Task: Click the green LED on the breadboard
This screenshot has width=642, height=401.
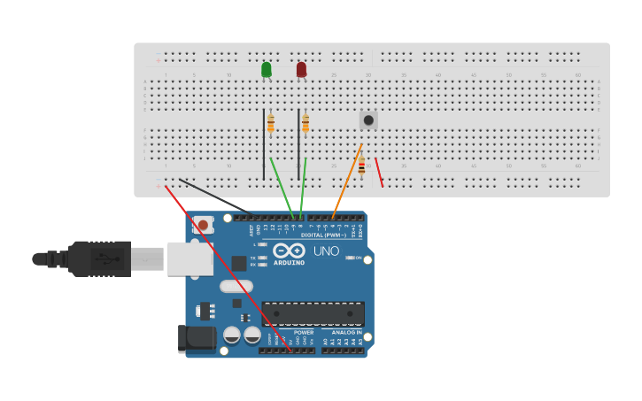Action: tap(266, 69)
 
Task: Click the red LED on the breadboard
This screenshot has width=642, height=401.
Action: tap(301, 69)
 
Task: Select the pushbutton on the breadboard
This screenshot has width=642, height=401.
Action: tap(368, 120)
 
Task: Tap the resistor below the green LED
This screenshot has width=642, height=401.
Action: tap(270, 123)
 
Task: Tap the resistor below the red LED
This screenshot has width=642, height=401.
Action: tap(306, 123)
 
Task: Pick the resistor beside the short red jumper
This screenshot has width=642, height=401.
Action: tap(361, 166)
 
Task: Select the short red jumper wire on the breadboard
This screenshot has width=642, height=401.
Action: tap(379, 172)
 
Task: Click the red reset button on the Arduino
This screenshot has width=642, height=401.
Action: tap(203, 225)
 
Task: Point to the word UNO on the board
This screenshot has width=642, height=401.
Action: tap(326, 251)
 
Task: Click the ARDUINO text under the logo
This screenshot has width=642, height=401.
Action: tap(289, 263)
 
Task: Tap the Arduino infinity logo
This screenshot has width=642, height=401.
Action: tap(289, 251)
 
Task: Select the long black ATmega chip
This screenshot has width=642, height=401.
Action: tap(313, 314)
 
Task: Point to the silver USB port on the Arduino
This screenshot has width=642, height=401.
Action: tap(190, 258)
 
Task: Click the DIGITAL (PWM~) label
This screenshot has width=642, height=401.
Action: tap(323, 235)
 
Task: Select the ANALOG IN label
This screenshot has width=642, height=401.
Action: tap(346, 333)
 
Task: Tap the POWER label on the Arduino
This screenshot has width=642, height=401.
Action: tap(303, 333)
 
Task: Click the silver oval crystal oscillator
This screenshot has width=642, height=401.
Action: tap(236, 286)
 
